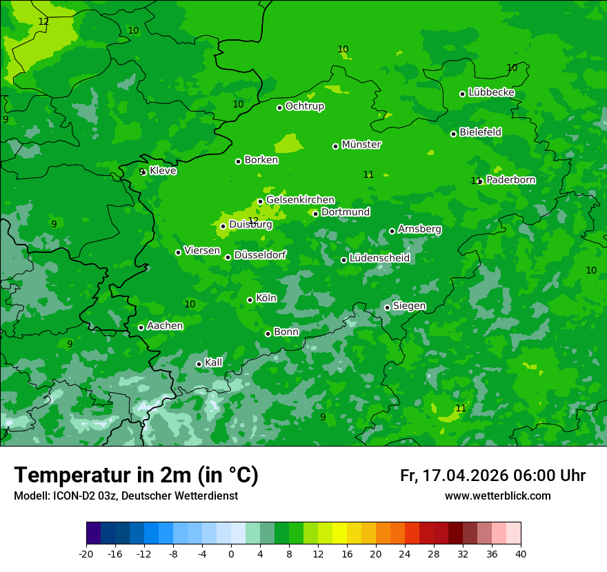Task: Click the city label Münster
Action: click(361, 145)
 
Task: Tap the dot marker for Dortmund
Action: click(316, 214)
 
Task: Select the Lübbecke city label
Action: click(491, 92)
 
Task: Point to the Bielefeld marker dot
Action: click(454, 134)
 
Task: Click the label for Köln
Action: click(266, 298)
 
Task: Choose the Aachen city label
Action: click(165, 326)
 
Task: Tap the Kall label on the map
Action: click(214, 362)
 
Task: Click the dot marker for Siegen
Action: click(388, 307)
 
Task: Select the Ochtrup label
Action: click(305, 106)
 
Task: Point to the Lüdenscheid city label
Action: click(379, 258)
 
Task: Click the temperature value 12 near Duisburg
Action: click(253, 221)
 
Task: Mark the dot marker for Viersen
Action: click(178, 252)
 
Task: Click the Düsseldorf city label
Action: click(260, 255)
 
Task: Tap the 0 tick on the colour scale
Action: click(231, 554)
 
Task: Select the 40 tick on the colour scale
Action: click(521, 554)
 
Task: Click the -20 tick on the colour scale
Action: click(86, 554)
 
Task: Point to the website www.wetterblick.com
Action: click(497, 496)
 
